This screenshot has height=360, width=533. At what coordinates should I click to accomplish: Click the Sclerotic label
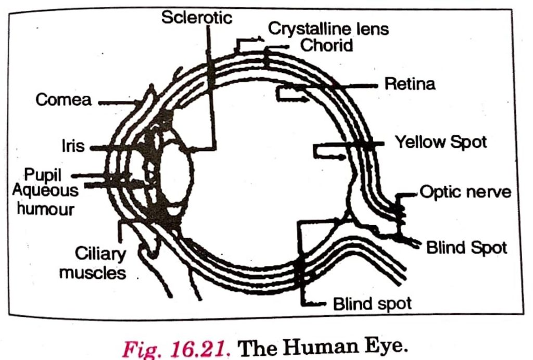click(196, 17)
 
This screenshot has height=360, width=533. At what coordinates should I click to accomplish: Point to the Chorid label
click(327, 45)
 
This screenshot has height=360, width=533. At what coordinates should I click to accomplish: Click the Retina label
click(410, 84)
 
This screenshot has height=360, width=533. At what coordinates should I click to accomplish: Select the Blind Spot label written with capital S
click(466, 248)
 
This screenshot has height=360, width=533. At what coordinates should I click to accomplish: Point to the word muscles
click(93, 272)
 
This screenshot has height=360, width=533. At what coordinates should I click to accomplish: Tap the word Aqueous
click(45, 190)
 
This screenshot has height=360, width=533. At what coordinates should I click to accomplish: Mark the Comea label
click(64, 100)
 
